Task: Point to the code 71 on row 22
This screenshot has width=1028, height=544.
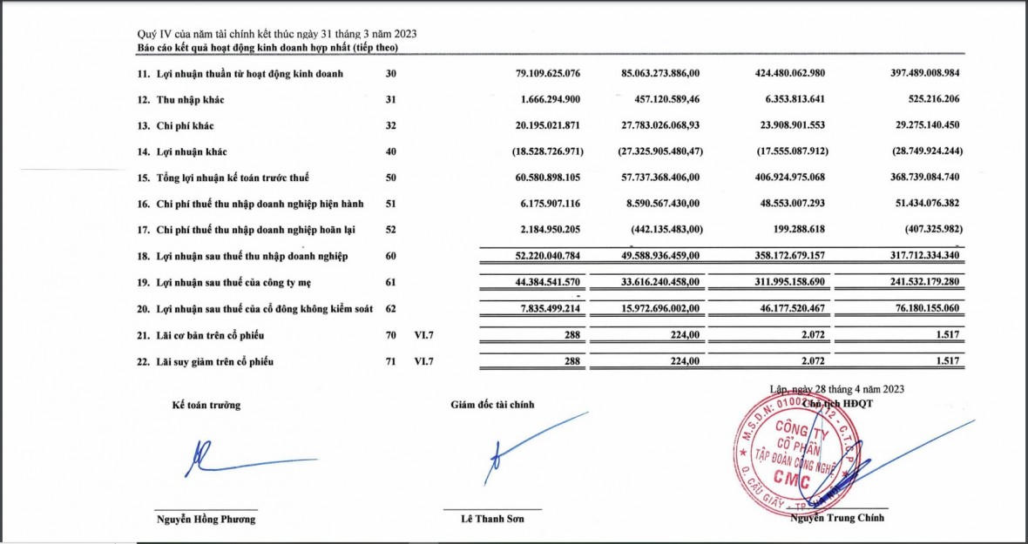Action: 390,361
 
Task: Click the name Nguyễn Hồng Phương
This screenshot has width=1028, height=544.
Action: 206,519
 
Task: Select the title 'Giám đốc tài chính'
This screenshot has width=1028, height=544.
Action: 492,405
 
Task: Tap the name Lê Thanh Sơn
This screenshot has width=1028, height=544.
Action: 492,519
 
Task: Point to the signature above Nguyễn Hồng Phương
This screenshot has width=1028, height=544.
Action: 244,460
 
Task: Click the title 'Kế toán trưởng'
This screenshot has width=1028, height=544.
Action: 206,405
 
